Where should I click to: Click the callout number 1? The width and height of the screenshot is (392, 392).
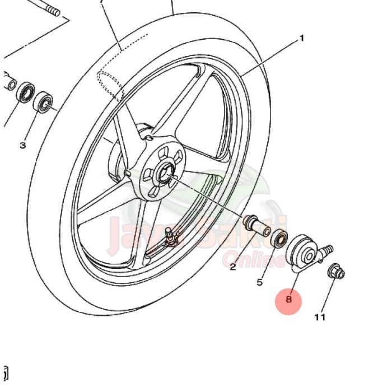point(302,39)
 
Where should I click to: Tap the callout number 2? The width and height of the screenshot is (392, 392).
point(233,267)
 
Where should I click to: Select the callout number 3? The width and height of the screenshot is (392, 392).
point(22,146)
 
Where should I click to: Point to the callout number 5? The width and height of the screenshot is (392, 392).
point(259,282)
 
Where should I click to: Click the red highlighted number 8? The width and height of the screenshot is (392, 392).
point(288,300)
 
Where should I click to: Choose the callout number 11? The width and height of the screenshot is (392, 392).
point(319,318)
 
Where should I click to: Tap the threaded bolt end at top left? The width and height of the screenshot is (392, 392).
point(52,10)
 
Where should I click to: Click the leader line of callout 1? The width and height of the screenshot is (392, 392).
point(269,58)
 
